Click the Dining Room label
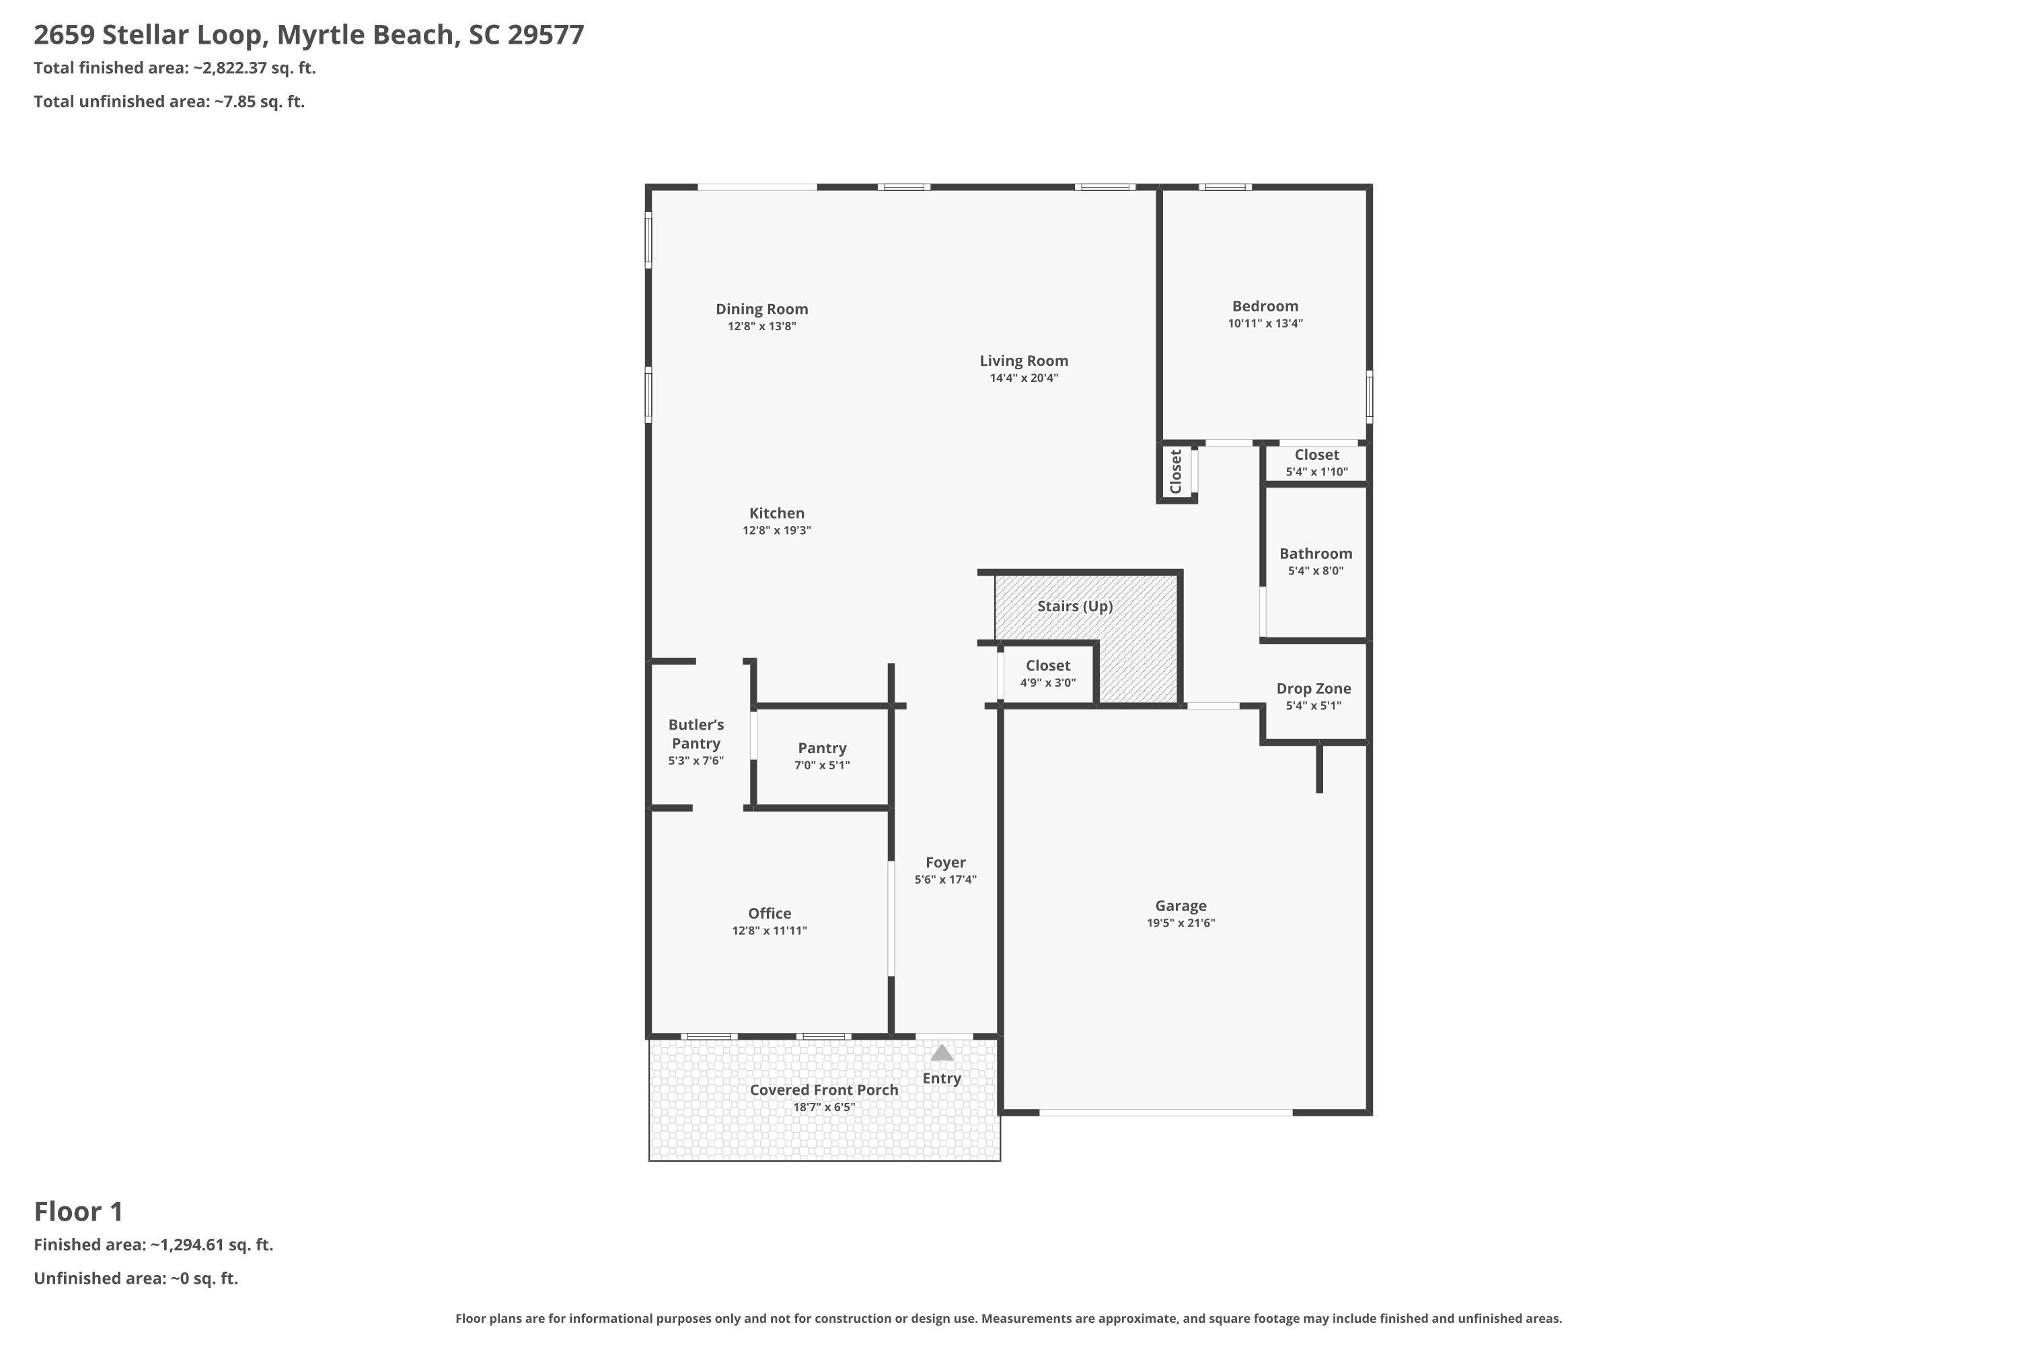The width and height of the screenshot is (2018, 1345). click(x=762, y=309)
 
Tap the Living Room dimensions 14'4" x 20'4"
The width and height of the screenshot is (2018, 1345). click(x=1024, y=378)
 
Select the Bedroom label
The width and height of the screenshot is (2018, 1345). click(x=1265, y=306)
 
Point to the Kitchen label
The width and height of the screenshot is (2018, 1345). click(x=776, y=513)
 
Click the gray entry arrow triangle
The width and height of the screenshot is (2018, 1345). click(x=942, y=1052)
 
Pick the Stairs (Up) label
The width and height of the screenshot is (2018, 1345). click(x=1075, y=607)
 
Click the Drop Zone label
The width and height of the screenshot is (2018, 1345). click(x=1314, y=689)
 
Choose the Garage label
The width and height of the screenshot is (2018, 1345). click(x=1181, y=906)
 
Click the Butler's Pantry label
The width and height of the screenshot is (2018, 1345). click(x=696, y=734)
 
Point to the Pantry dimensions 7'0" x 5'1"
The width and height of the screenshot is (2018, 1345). click(x=822, y=765)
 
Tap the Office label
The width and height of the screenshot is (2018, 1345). click(x=770, y=913)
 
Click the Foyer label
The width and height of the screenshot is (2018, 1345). click(x=946, y=863)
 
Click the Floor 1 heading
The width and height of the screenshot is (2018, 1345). click(x=79, y=1212)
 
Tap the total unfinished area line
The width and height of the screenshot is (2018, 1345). click(x=169, y=102)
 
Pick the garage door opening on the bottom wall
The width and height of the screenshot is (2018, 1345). click(x=1166, y=1112)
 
